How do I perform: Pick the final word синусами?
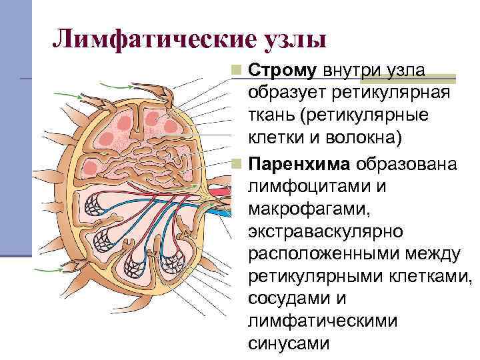(289, 344)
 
